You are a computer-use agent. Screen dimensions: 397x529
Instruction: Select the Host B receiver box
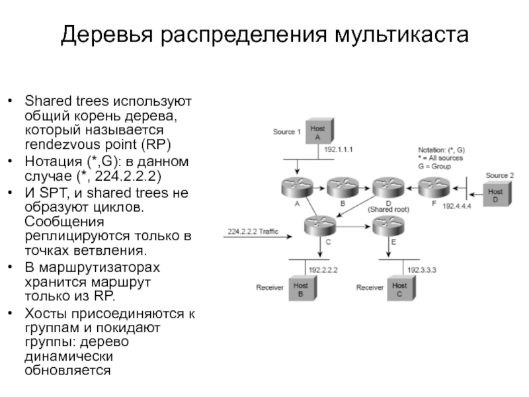[x=301, y=290]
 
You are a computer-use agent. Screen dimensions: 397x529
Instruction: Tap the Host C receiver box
[x=400, y=290]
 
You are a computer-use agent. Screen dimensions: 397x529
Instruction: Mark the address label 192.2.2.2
[x=323, y=269]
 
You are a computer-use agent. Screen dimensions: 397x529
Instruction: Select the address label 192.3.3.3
[x=422, y=270]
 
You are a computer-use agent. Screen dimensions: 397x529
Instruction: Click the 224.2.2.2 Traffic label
[x=253, y=231]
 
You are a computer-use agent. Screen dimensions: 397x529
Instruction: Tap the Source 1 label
[x=287, y=132]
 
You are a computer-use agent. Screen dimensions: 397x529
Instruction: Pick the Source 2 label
[x=499, y=175]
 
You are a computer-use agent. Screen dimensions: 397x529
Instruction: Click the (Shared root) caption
[x=389, y=209]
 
